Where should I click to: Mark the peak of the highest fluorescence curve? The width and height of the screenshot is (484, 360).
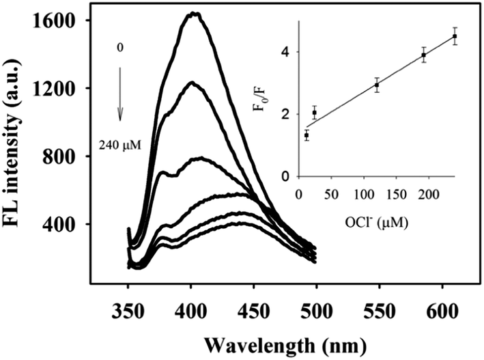pyautogui.click(x=195, y=13)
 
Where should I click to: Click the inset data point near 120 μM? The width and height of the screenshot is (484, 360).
pyautogui.click(x=376, y=85)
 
